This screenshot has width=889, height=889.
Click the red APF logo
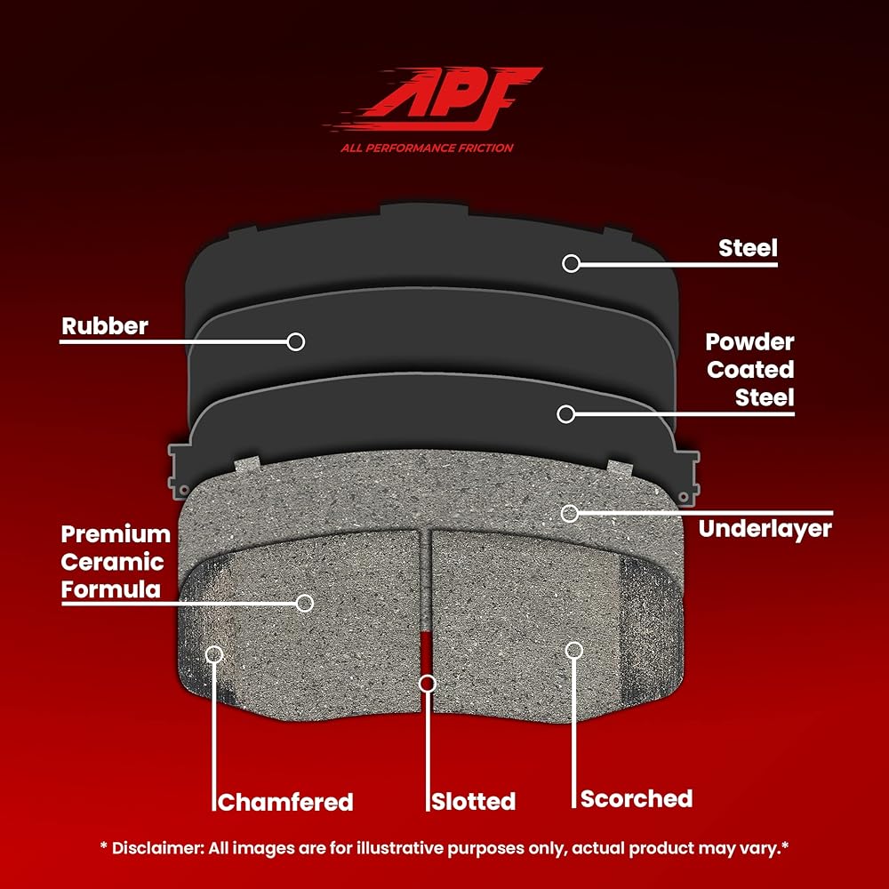(434, 100)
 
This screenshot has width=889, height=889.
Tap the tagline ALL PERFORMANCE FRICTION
(427, 148)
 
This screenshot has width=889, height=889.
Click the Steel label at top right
(748, 248)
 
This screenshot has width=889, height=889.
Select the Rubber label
(105, 326)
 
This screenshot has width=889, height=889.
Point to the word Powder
(749, 342)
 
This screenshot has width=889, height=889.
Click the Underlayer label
(765, 529)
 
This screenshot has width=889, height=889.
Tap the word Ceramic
(112, 562)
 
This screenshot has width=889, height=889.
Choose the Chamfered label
(285, 802)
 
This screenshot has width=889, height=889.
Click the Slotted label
(474, 802)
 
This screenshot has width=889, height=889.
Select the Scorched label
(637, 799)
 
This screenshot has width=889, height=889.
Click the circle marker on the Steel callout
(571, 263)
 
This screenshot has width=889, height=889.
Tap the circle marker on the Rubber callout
(296, 342)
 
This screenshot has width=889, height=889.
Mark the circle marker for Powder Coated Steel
(565, 414)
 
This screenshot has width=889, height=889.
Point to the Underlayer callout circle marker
(570, 514)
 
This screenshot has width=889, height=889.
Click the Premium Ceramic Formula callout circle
(305, 604)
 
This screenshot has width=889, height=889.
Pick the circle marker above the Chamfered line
(214, 654)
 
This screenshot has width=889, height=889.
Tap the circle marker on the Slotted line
(428, 684)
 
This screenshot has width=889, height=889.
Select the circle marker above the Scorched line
(574, 651)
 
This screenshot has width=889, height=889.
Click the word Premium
(116, 534)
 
